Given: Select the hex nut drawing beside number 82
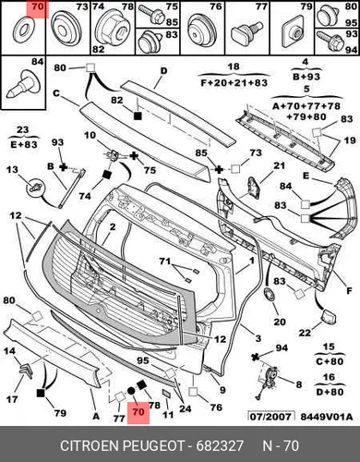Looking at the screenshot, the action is tap(112, 29).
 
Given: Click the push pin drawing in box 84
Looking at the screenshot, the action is tap(24, 84).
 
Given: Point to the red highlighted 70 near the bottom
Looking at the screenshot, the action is tap(138, 412).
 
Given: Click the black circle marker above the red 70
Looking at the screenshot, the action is tap(131, 391).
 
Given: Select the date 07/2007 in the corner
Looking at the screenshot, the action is tap(270, 417).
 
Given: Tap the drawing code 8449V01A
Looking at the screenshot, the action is tap(326, 417).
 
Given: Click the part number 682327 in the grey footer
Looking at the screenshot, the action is tap(220, 445).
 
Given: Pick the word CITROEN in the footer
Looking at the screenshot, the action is tap(90, 445).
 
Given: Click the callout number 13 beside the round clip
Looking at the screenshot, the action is tap(12, 170).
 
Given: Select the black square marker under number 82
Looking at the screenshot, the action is tap(138, 115).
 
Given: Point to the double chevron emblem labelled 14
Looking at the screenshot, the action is tap(26, 371).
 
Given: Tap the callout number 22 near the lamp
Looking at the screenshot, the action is tap(305, 333).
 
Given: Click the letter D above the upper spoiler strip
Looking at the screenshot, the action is tap(164, 71).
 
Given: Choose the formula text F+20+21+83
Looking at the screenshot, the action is tap(234, 82).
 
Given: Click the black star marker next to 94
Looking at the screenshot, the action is tap(255, 357).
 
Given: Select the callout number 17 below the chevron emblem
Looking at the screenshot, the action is tap(12, 399).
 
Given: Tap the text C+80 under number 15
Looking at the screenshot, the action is tap(330, 361).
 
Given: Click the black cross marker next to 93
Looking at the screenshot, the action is tap(63, 167).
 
